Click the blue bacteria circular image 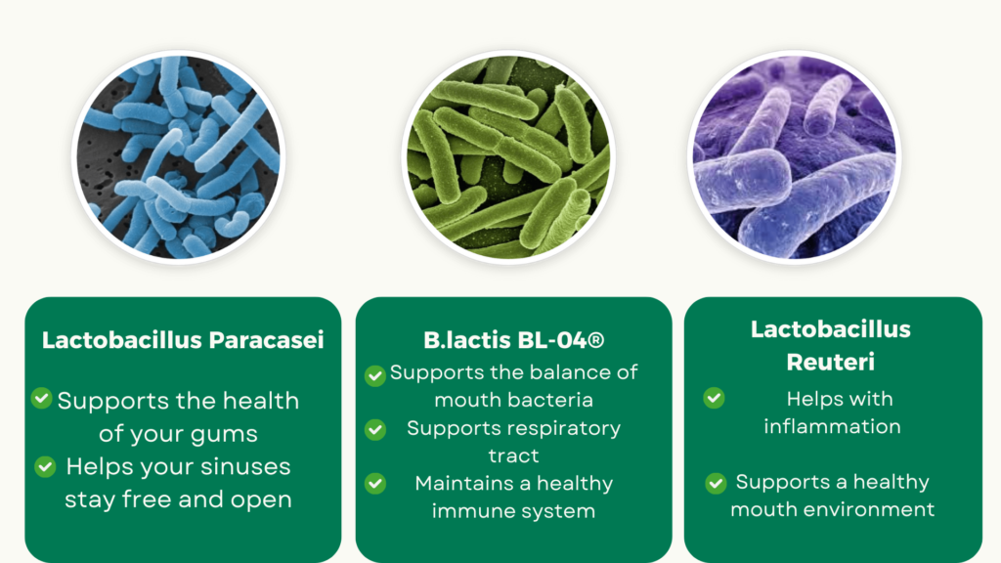coord(178,157)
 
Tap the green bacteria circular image coord(508,157)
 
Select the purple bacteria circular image coord(795,157)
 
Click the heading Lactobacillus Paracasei coord(183,340)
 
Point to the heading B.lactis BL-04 coord(514,340)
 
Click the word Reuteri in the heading coord(830,362)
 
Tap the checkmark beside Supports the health coord(41,399)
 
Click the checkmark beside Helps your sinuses coord(45,466)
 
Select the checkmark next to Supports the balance coord(375,375)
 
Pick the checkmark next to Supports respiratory coord(375,430)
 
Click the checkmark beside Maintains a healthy coord(375,483)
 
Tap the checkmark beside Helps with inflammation coord(714,398)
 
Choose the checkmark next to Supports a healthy coord(716,483)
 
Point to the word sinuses coord(245,466)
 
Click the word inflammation coord(832,426)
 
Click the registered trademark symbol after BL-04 coord(596,340)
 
